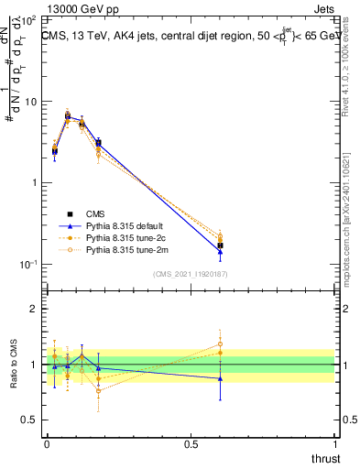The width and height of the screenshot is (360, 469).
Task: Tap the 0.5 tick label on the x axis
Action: (191, 443)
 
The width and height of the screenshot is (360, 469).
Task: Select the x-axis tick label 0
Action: (45, 443)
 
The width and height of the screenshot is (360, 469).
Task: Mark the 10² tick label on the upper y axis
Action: (29, 19)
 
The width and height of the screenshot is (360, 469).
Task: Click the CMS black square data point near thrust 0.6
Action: (220, 245)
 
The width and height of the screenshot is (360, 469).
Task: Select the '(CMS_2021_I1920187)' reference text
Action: (191, 274)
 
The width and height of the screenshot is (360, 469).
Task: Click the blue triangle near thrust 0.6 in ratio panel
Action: (220, 378)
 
